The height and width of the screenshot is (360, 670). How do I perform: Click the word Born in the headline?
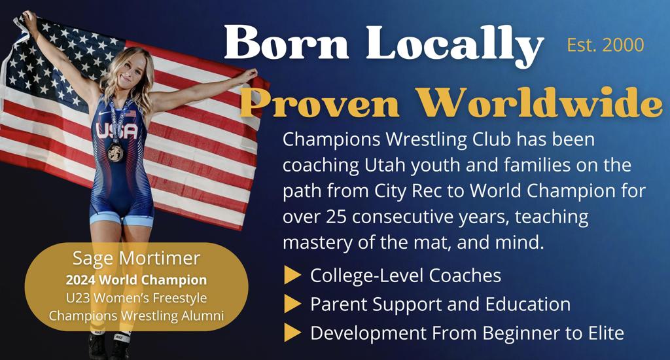[x=287, y=43]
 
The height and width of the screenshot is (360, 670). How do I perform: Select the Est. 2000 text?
[x=605, y=45]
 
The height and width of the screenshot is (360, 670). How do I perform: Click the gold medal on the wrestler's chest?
[x=115, y=153]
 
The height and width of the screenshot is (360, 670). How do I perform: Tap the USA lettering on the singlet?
[x=118, y=131]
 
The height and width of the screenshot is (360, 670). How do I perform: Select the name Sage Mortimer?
[x=136, y=259]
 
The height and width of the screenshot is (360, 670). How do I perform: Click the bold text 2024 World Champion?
[x=136, y=280]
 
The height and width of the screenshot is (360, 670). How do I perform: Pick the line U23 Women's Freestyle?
[x=136, y=298]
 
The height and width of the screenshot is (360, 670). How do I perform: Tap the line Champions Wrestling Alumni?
[x=136, y=315]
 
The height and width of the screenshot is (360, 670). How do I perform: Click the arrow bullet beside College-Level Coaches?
[x=292, y=276]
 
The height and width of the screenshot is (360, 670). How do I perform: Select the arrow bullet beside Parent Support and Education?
[x=292, y=304]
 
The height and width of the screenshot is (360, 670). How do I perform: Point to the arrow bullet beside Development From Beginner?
[x=292, y=333]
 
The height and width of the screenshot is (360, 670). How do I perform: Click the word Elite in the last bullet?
[x=605, y=333]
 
